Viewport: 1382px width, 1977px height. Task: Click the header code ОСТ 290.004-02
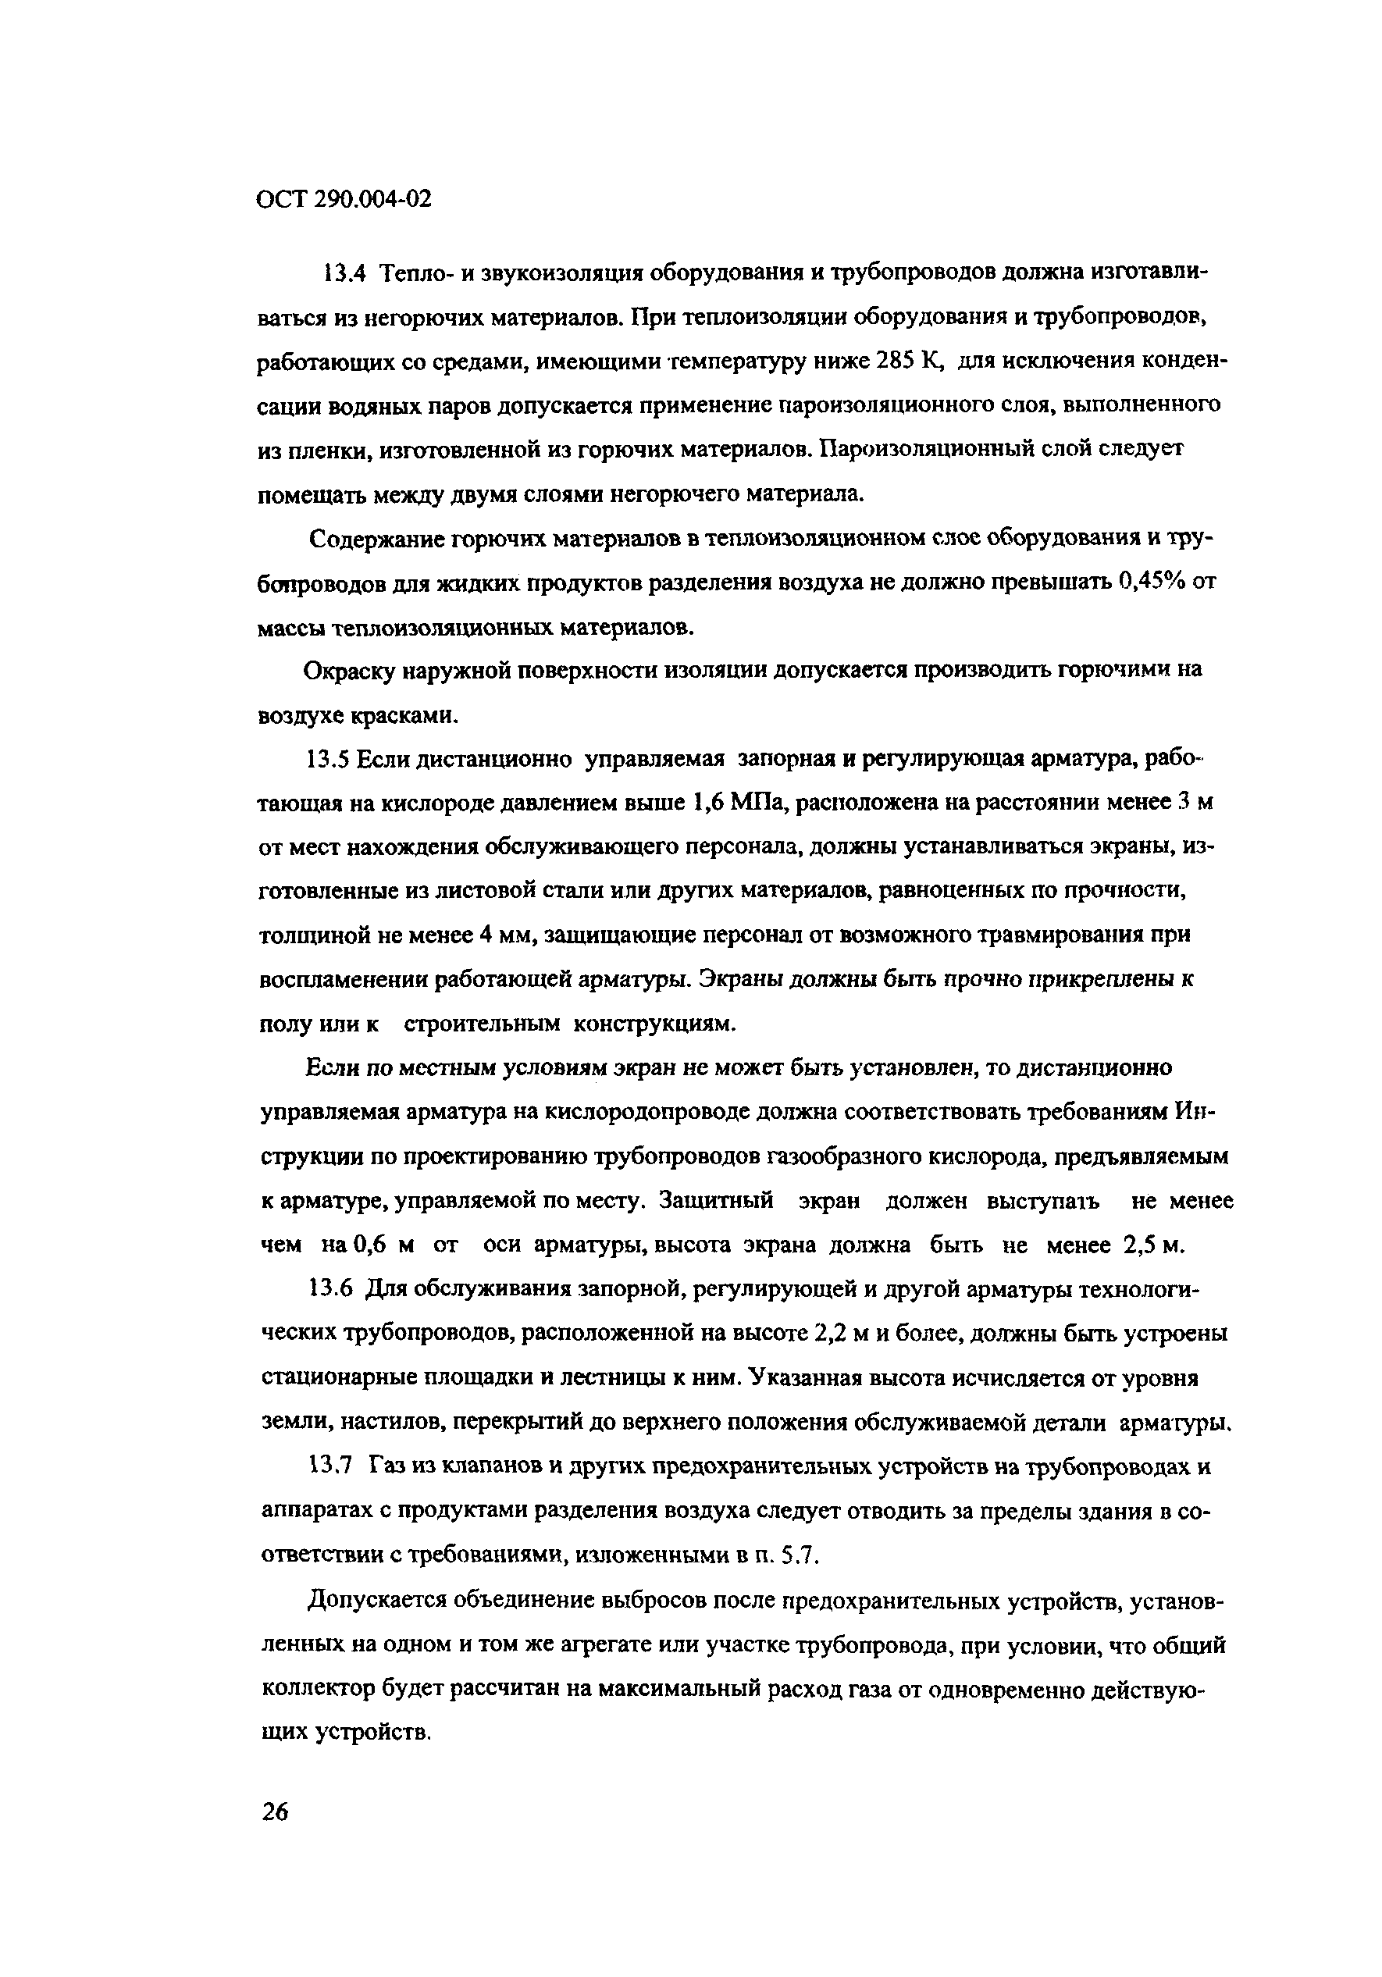click(344, 200)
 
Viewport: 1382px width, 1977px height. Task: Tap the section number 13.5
click(327, 760)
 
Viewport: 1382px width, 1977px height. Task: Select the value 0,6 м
click(385, 1245)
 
